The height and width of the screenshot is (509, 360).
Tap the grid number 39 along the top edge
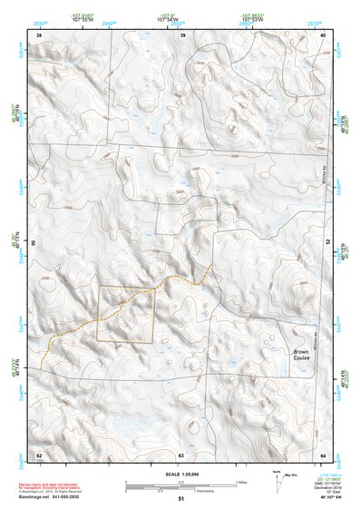[x=184, y=35]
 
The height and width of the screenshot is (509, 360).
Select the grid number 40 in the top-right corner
[x=323, y=35]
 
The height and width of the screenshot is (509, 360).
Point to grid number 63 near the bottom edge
[x=181, y=454]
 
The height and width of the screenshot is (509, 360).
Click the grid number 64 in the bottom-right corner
[x=323, y=454]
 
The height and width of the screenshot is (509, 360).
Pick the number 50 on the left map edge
[x=33, y=243]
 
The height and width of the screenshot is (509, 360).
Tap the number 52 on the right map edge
[x=327, y=243]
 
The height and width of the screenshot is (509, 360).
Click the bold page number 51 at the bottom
[x=181, y=499]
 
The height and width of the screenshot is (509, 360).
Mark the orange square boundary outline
[x=125, y=289]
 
